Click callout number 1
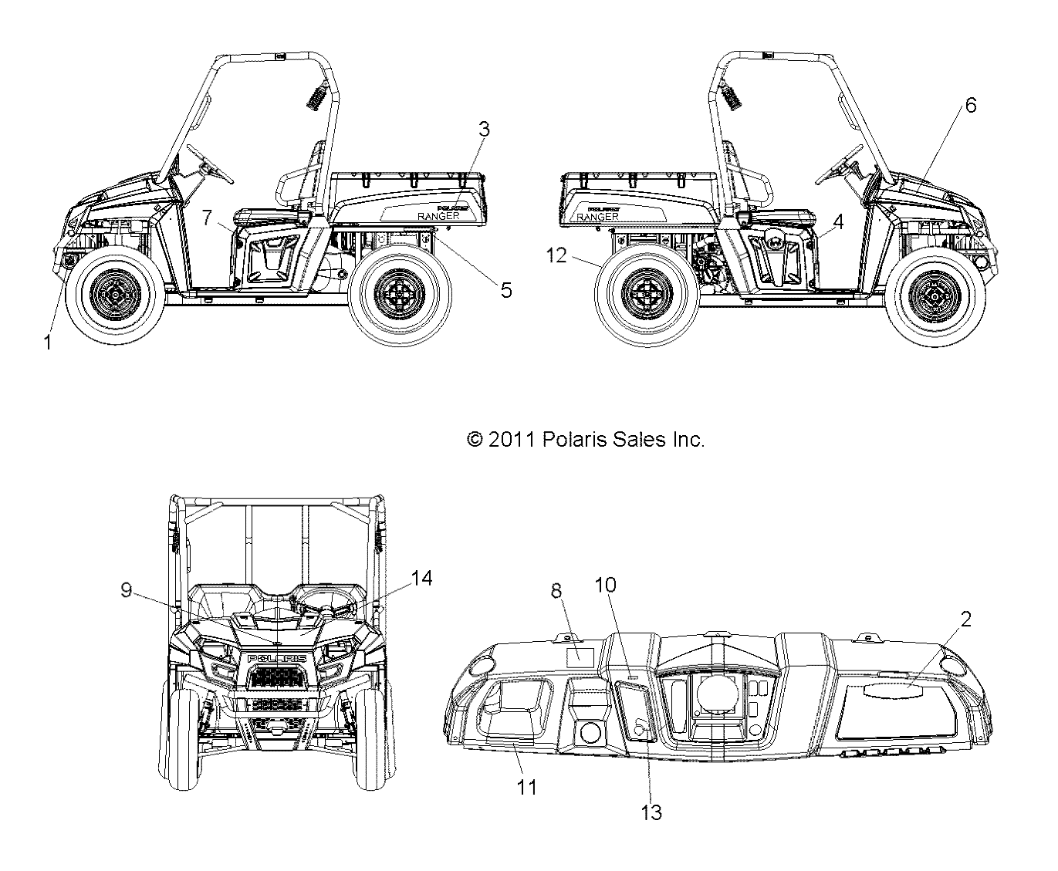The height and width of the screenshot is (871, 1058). point(48,342)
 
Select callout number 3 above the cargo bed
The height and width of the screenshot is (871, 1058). point(484,130)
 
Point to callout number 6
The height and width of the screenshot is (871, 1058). point(970,105)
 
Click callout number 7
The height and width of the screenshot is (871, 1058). point(206,218)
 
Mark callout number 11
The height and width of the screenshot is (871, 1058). point(528,787)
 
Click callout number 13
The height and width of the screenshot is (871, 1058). point(651,812)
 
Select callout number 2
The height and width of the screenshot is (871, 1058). point(965,619)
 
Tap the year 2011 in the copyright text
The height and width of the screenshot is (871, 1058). point(511,440)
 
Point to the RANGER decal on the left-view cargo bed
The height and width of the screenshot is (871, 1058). point(438,216)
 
